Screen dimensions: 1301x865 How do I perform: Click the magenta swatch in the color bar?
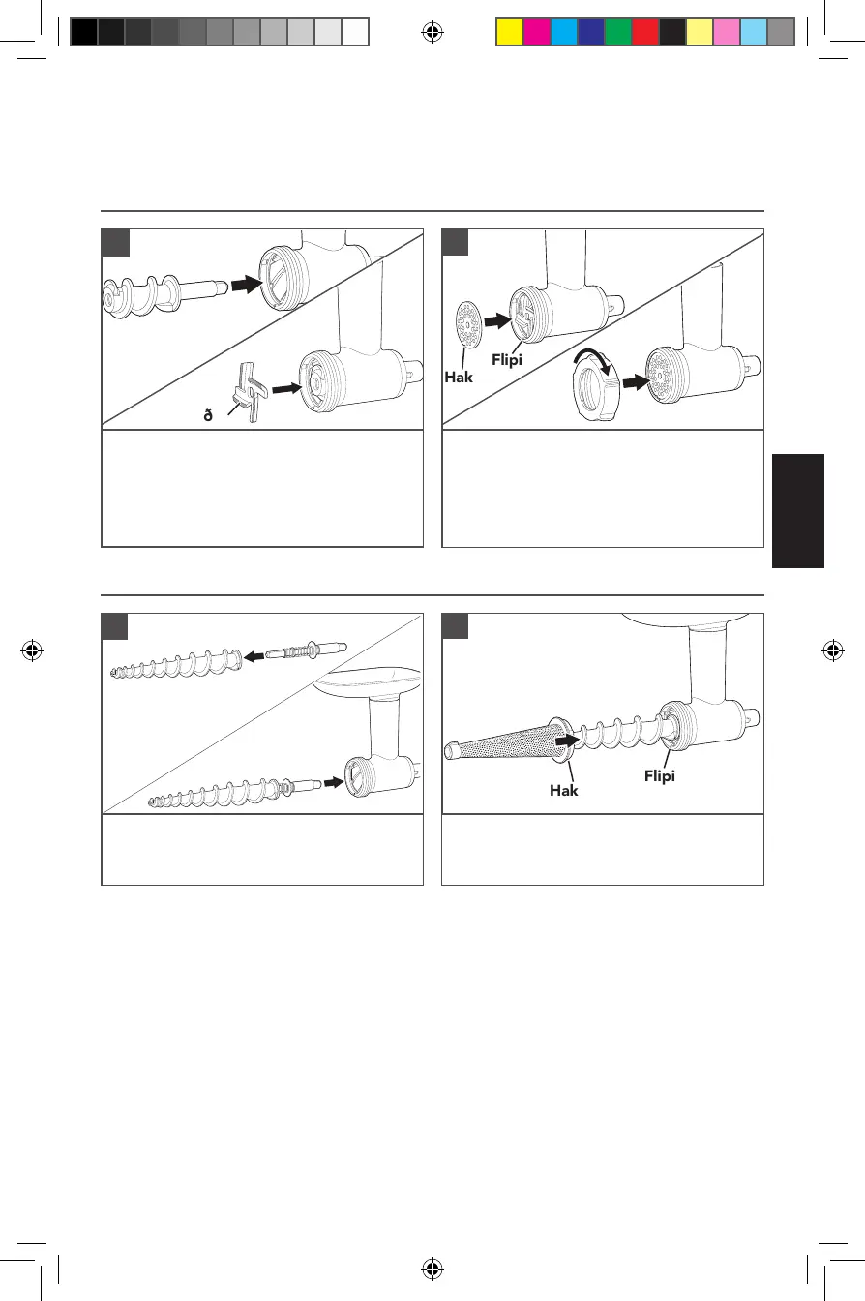point(535,33)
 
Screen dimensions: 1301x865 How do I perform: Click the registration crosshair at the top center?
point(432,33)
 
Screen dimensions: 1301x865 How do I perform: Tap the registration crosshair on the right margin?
point(831,650)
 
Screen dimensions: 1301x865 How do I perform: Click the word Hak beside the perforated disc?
point(460,377)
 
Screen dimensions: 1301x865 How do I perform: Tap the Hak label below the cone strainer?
point(564,790)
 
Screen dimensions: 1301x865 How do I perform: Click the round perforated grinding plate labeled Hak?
point(466,321)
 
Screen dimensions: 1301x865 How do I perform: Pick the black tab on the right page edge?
point(798,511)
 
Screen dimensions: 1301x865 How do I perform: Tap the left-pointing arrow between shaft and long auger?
point(254,655)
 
